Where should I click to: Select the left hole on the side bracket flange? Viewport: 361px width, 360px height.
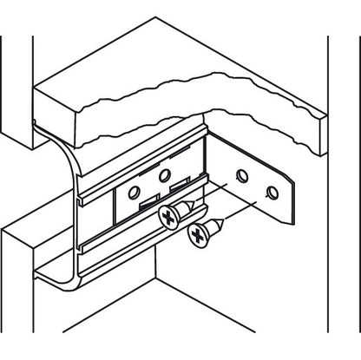click(x=242, y=177)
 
